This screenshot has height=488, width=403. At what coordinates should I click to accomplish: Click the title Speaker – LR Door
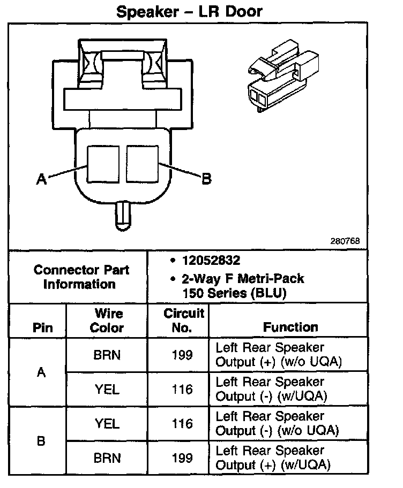point(189,11)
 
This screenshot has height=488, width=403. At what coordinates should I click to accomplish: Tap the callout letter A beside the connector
point(41,180)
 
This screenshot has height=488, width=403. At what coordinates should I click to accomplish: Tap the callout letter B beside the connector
point(206,179)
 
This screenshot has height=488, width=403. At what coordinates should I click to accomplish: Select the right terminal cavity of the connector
point(143,163)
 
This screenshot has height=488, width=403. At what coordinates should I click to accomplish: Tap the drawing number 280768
point(345,240)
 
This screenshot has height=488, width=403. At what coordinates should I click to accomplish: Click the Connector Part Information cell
point(81,277)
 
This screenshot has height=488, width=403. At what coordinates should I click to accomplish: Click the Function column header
point(290,326)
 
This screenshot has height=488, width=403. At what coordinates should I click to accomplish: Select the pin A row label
point(41,372)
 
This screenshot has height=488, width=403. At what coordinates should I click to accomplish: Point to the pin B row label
point(41,441)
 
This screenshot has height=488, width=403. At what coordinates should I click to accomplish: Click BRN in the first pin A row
point(107,355)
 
